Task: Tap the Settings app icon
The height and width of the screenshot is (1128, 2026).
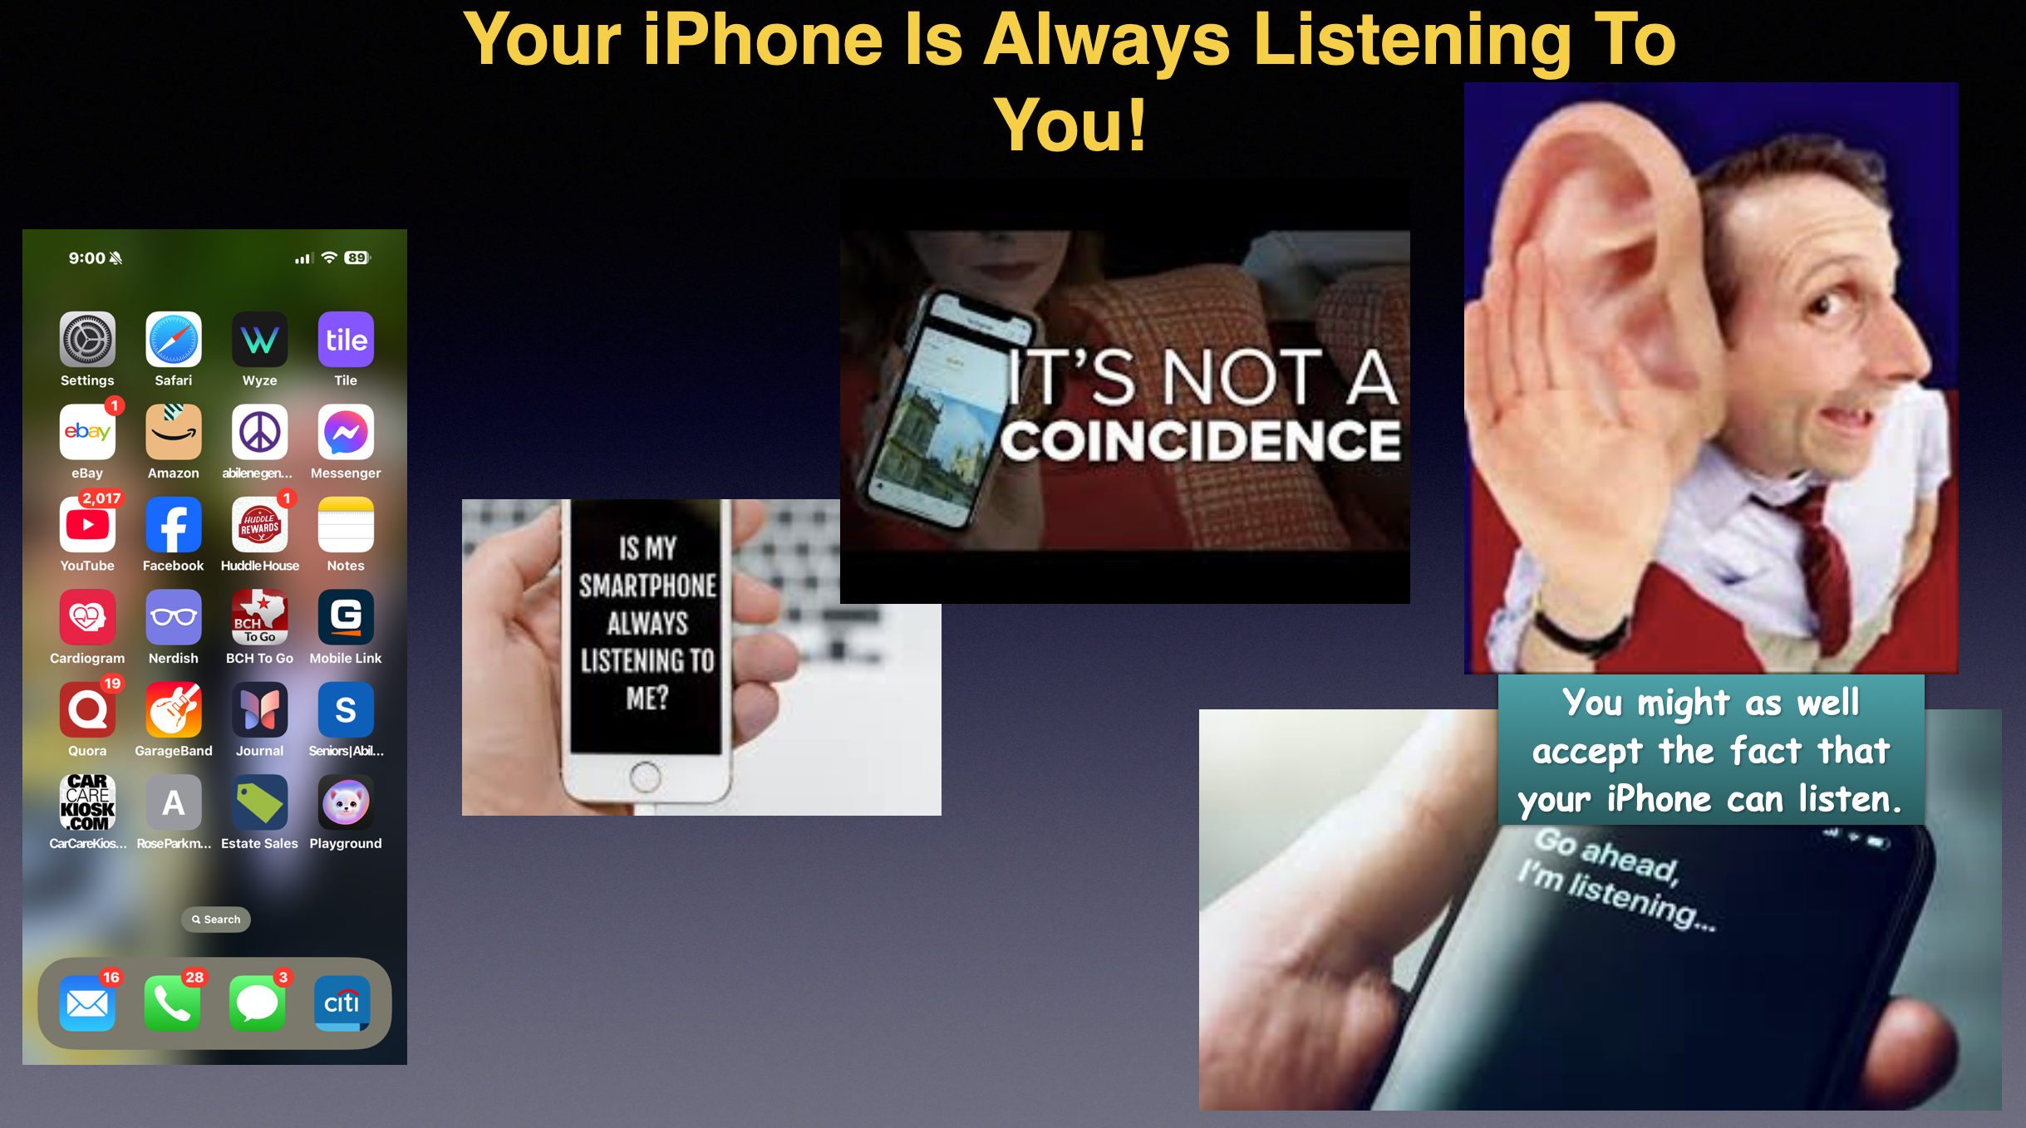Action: coord(87,340)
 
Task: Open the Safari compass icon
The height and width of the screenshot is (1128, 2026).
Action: coord(174,340)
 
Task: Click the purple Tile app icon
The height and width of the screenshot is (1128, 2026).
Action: coord(346,340)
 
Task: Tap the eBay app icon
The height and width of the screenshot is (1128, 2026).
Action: coord(87,432)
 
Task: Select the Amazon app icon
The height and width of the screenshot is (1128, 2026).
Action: coord(174,432)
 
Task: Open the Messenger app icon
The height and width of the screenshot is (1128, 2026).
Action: coord(346,432)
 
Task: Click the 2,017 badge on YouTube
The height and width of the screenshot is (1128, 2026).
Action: coord(101,498)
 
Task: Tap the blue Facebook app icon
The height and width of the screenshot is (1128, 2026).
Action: coord(174,525)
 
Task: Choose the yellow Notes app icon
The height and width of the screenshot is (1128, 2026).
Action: coord(346,525)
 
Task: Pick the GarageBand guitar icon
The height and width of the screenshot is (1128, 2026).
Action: coord(174,710)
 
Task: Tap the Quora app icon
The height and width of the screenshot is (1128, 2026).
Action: coord(87,710)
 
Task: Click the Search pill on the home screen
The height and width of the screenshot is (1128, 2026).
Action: coord(216,920)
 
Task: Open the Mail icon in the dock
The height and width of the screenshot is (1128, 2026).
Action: coord(87,1003)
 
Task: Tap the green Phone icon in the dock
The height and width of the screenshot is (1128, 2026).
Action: coord(172,1003)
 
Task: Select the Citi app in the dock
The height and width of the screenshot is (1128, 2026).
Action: coord(342,1003)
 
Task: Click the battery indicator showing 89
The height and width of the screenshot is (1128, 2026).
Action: coord(357,257)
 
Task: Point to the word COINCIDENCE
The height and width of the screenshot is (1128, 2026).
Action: coord(1200,439)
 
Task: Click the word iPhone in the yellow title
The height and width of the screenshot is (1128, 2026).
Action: coord(762,39)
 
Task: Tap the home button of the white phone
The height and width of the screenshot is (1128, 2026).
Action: coord(646,778)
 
